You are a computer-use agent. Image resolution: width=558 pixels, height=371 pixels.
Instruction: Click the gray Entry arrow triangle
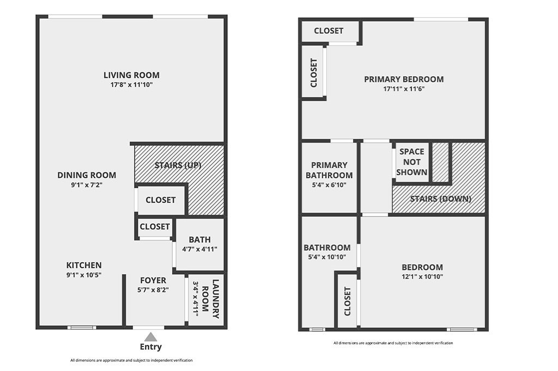click(150, 337)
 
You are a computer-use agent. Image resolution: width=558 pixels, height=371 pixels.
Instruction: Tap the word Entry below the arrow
click(150, 347)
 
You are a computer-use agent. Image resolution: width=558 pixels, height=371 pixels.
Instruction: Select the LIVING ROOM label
click(132, 75)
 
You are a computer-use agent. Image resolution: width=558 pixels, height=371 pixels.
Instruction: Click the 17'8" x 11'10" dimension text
click(132, 84)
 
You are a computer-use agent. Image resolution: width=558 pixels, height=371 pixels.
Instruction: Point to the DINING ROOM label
click(87, 175)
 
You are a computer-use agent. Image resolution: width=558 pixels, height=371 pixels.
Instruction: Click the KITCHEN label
click(84, 265)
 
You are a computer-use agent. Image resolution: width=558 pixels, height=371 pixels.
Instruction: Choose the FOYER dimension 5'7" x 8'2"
click(153, 289)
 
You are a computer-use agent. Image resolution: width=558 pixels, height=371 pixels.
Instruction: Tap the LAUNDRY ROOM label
click(210, 299)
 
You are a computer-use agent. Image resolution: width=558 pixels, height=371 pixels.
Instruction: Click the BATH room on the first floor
click(199, 244)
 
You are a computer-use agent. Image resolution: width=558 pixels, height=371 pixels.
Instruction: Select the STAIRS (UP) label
click(178, 165)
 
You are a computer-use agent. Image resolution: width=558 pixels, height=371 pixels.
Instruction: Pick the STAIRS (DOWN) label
click(440, 199)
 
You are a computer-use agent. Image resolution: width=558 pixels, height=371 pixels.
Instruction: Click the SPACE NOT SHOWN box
click(412, 162)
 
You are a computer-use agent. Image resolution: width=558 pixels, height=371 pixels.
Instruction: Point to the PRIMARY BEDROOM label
click(404, 79)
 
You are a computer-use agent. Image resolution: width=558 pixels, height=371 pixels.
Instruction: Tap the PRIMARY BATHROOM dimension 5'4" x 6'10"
click(329, 185)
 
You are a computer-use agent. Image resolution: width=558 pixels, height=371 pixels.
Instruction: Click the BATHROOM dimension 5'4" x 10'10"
click(327, 257)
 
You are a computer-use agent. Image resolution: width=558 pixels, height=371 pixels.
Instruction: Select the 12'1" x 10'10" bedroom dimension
click(422, 276)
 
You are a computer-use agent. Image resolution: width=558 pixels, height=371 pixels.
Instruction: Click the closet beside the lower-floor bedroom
click(347, 301)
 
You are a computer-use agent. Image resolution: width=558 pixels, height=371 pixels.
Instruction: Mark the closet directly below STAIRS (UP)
click(161, 200)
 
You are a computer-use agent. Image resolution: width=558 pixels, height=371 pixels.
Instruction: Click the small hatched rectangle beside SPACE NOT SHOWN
click(440, 162)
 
